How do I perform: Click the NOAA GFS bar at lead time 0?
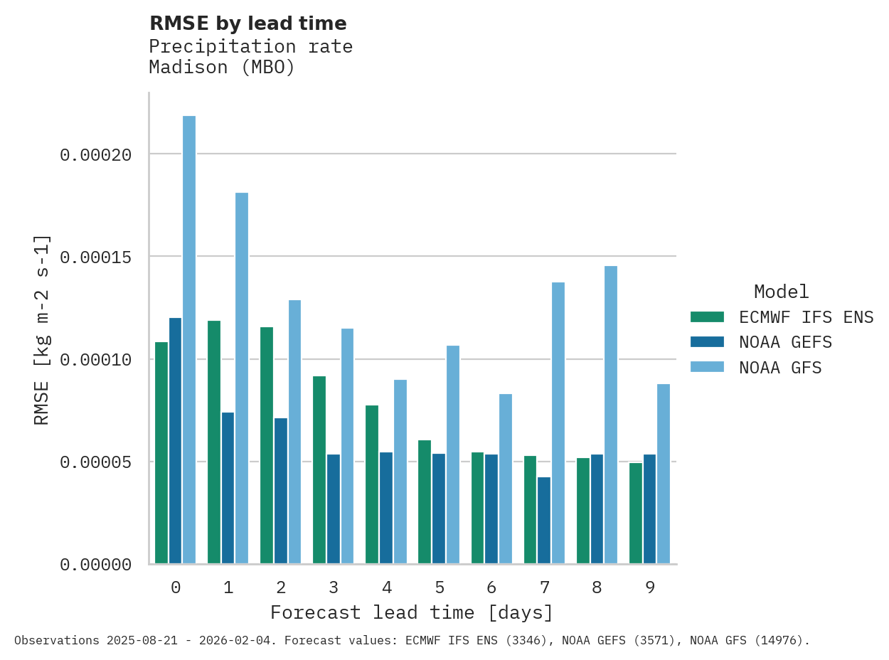pyautogui.click(x=189, y=340)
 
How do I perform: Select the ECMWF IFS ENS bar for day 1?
pyautogui.click(x=214, y=442)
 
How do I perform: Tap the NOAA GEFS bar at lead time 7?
pyautogui.click(x=544, y=521)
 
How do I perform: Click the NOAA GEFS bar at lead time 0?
pyautogui.click(x=175, y=441)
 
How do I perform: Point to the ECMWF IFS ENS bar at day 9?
pyautogui.click(x=636, y=513)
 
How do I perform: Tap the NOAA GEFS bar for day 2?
pyautogui.click(x=281, y=491)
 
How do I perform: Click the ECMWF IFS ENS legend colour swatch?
pyautogui.click(x=707, y=317)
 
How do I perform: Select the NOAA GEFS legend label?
pyautogui.click(x=785, y=342)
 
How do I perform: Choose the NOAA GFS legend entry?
pyautogui.click(x=780, y=368)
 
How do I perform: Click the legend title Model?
pyautogui.click(x=781, y=292)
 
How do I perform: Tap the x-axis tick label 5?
pyautogui.click(x=439, y=587)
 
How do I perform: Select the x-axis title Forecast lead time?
pyautogui.click(x=411, y=612)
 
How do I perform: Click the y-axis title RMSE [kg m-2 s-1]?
pyautogui.click(x=42, y=329)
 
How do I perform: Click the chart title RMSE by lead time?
pyautogui.click(x=247, y=23)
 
